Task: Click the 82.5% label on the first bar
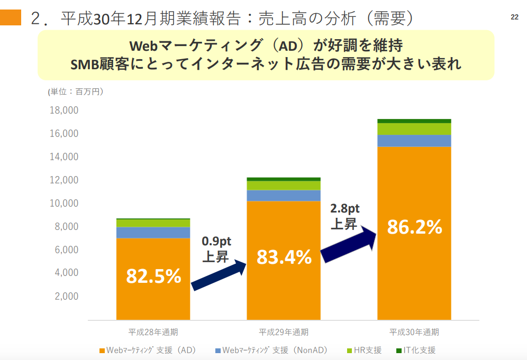coord(153,276)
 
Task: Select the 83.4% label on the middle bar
coord(284,257)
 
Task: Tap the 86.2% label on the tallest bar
coord(414,227)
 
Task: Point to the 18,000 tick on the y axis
coord(63,110)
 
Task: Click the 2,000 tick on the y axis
coord(67,296)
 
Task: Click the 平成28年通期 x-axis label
coord(153,333)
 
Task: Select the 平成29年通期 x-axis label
coord(284,333)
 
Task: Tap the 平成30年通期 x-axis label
coord(414,333)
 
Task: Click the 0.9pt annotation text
coord(216,242)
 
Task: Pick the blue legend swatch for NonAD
coord(218,350)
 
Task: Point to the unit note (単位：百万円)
coord(76,91)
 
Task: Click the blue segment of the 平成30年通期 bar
coord(414,141)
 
